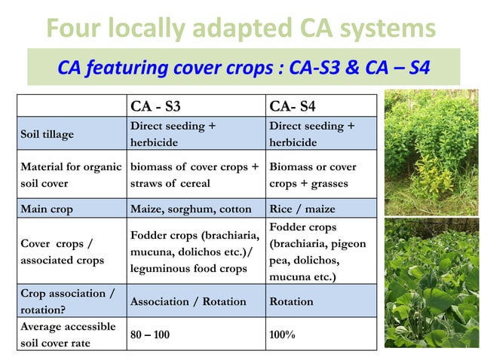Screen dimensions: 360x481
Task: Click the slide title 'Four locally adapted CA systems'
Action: [240, 29]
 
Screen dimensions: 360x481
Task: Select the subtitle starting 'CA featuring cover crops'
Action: [244, 68]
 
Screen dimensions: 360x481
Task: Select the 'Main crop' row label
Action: [49, 209]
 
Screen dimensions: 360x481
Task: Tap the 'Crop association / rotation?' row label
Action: [67, 301]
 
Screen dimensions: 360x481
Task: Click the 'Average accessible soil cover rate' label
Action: [68, 334]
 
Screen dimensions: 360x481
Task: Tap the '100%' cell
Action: [283, 334]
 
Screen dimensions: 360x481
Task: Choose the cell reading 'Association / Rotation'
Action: [188, 301]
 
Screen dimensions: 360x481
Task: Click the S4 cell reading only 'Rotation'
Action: [291, 301]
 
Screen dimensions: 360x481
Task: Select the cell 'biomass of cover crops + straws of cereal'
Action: [195, 174]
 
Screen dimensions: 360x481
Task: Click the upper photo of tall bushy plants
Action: [430, 151]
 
